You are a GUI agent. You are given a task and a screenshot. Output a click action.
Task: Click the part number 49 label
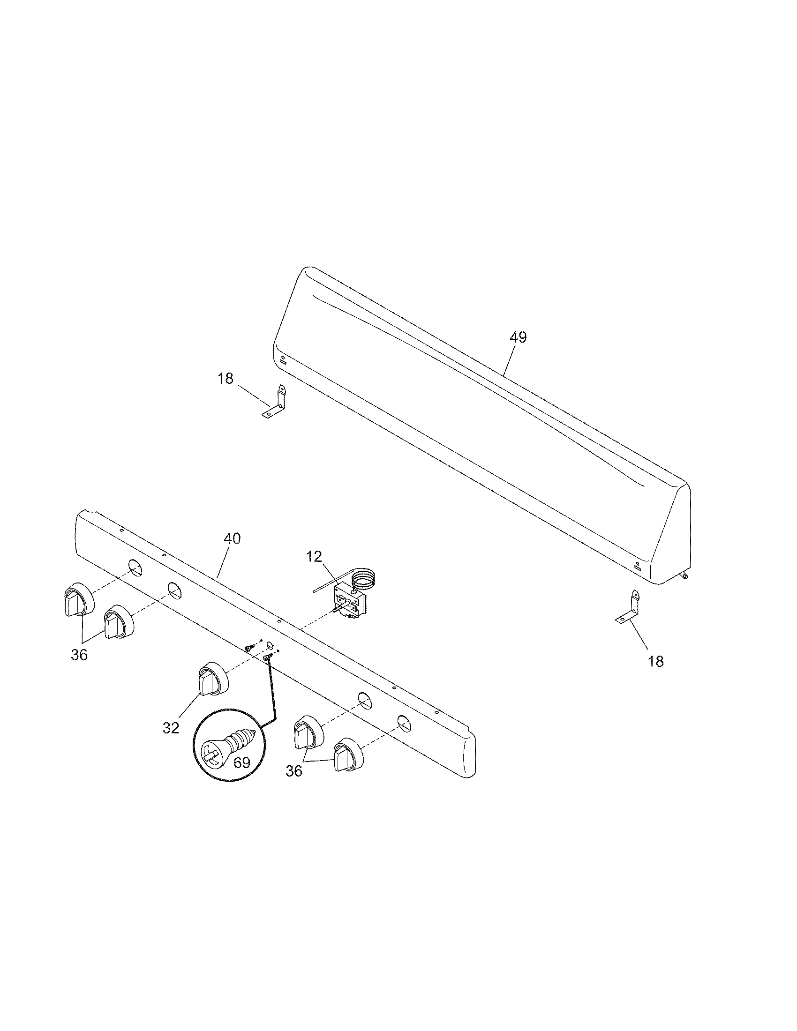coord(518,337)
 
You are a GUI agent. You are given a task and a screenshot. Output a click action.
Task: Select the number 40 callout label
coord(231,538)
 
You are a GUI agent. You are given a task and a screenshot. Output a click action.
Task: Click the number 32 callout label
coord(171,728)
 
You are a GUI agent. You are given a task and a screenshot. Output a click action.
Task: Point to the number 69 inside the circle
coord(242,762)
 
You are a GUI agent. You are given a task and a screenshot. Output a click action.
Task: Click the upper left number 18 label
coord(226,378)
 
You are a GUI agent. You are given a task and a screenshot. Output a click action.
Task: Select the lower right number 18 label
coord(656,661)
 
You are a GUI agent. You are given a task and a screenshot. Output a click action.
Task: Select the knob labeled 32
coord(212,679)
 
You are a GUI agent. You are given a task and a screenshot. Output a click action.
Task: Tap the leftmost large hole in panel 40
coord(135,568)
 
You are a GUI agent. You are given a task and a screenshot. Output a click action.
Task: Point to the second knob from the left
coord(119,623)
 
